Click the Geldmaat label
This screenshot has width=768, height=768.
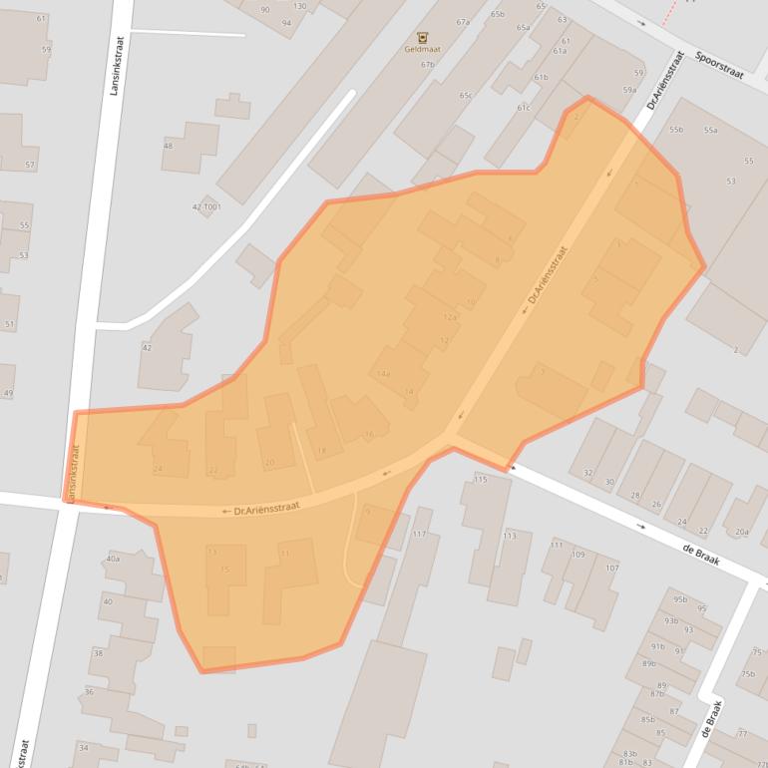point(423,48)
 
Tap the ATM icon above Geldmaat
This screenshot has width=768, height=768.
point(423,37)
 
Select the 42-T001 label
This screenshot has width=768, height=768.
point(206,206)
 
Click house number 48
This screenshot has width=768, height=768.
point(168,146)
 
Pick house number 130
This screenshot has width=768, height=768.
point(299,6)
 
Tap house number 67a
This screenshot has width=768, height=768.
point(463,22)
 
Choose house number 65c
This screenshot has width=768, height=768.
point(465,95)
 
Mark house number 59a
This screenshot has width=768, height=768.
point(629,90)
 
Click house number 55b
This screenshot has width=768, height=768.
point(676,130)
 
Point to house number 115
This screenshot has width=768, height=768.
point(480,480)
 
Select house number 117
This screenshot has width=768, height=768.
point(419,535)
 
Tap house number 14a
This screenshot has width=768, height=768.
point(383,373)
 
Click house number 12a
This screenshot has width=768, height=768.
point(450,317)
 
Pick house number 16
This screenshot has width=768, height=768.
point(368,434)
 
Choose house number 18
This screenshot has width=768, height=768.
point(321,451)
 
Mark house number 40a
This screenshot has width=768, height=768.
point(112,559)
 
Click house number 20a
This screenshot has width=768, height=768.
point(741,532)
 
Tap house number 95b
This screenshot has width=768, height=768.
point(680,599)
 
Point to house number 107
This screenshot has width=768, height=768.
point(611,569)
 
